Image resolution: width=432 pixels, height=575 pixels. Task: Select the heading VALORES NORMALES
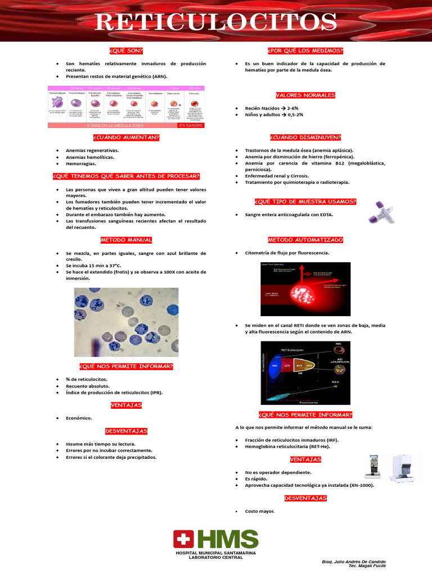pos(305,95)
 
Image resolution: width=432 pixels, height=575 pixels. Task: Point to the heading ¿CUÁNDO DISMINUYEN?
pos(305,138)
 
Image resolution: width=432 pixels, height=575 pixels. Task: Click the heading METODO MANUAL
pos(126,240)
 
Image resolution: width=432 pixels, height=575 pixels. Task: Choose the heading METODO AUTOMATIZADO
pos(305,240)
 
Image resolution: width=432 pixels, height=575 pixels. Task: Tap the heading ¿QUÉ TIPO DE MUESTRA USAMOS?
pos(305,202)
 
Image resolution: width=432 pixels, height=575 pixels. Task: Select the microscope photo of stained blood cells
pos(126,322)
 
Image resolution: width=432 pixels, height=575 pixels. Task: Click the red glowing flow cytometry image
pos(305,289)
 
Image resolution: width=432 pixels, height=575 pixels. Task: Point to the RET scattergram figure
pos(305,372)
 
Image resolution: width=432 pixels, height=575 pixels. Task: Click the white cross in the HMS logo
pos(182,540)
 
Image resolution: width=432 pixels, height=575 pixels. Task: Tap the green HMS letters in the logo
pos(228,540)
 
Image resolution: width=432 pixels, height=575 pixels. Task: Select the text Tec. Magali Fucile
pos(367,567)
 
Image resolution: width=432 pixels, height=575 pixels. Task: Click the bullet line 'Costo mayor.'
pos(260,511)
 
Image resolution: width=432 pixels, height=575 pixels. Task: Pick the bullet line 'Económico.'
pos(79,418)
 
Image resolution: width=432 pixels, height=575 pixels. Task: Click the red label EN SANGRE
pos(190,126)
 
